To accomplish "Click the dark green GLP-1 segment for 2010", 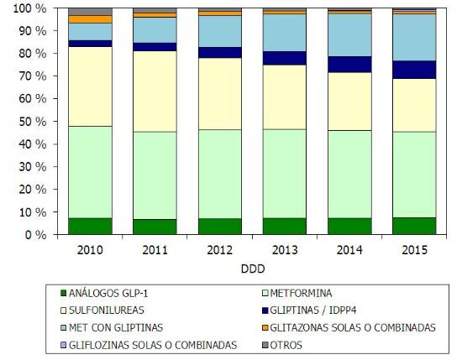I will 90,227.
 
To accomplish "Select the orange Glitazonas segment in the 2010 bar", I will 90,18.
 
